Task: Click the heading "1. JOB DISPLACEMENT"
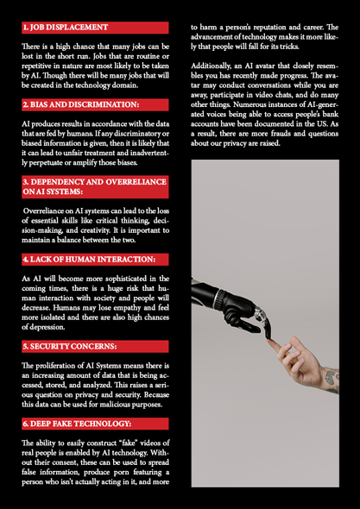pyautogui.click(x=66, y=28)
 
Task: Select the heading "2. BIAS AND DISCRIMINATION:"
pyautogui.click(x=81, y=105)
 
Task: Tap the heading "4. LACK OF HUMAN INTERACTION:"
pyautogui.click(x=89, y=260)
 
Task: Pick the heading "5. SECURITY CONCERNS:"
pyautogui.click(x=70, y=346)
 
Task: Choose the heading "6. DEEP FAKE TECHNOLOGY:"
pyautogui.click(x=77, y=424)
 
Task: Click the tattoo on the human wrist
pyautogui.click(x=332, y=379)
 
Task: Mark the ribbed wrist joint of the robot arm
pyautogui.click(x=221, y=298)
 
